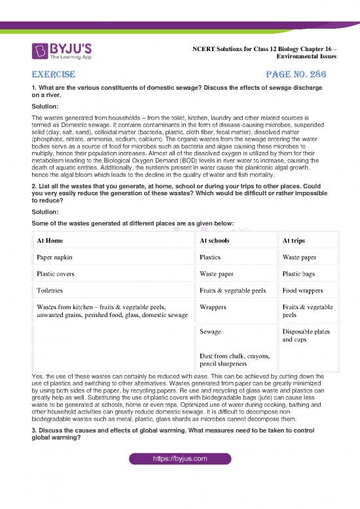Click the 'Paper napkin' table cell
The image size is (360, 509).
click(x=56, y=257)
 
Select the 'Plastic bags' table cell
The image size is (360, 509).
click(x=301, y=273)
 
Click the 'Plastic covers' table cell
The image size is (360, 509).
click(x=58, y=273)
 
